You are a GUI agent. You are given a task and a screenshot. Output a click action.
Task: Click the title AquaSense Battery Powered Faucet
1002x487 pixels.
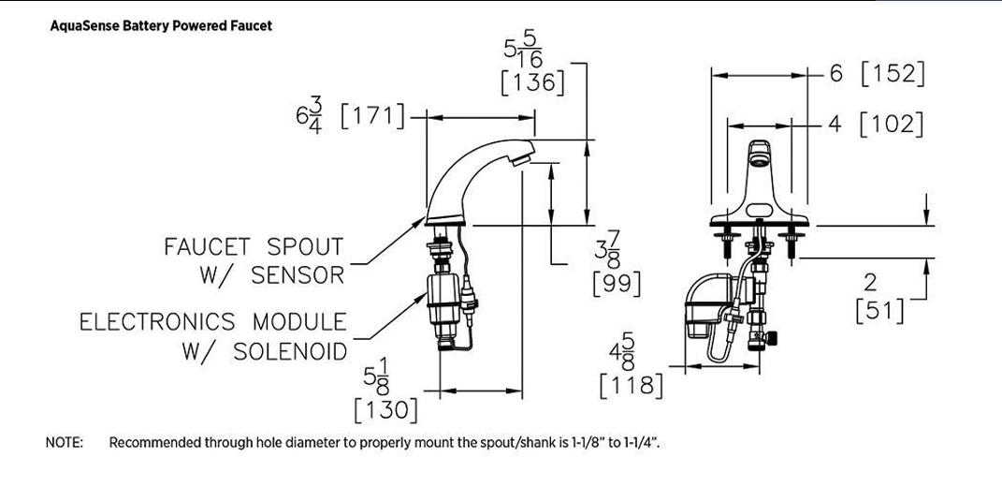point(161,26)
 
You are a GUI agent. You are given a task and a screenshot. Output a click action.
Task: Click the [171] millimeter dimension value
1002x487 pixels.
point(373,116)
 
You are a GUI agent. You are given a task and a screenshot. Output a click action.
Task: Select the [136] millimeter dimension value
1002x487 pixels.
point(533,82)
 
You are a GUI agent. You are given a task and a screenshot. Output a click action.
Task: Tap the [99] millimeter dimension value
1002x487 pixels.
point(617,283)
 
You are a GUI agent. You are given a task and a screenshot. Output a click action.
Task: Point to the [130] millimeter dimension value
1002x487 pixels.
point(386,409)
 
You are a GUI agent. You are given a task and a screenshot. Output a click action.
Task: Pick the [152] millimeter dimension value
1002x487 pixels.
point(893,74)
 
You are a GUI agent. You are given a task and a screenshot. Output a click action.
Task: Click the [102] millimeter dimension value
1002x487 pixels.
point(892,124)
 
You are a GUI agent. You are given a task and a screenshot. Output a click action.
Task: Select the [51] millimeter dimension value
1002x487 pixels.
point(880,310)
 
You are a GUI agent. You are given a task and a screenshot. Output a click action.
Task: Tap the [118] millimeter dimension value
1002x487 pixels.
point(632,385)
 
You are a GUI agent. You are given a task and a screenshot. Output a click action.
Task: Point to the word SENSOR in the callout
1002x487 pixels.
point(298,275)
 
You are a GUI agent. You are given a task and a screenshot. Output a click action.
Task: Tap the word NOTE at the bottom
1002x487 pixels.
point(64,442)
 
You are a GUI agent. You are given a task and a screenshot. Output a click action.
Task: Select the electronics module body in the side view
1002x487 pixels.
point(443,298)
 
